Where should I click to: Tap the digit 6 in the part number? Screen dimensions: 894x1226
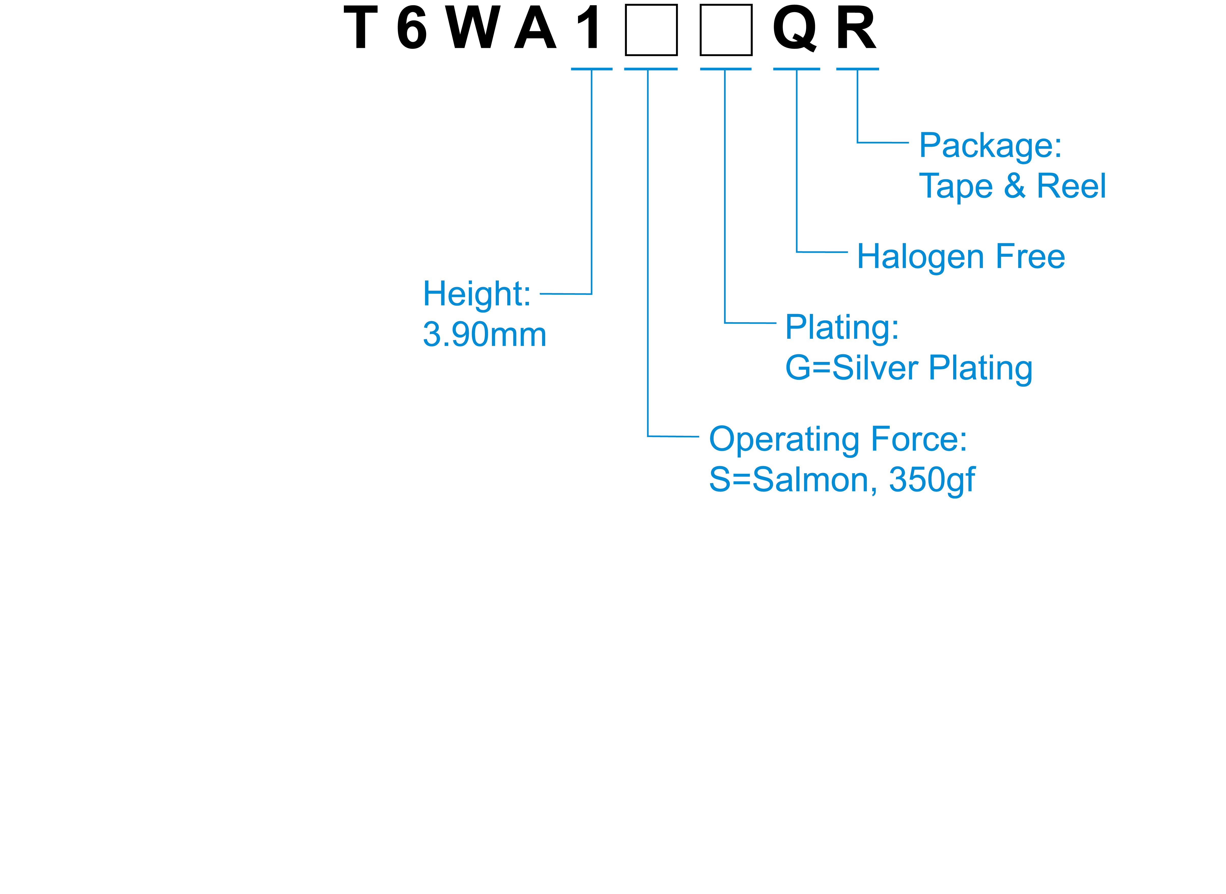click(412, 28)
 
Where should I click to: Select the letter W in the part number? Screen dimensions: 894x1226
click(473, 28)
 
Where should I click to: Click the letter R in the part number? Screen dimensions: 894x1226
click(856, 28)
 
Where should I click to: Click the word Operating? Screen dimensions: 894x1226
click(783, 440)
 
